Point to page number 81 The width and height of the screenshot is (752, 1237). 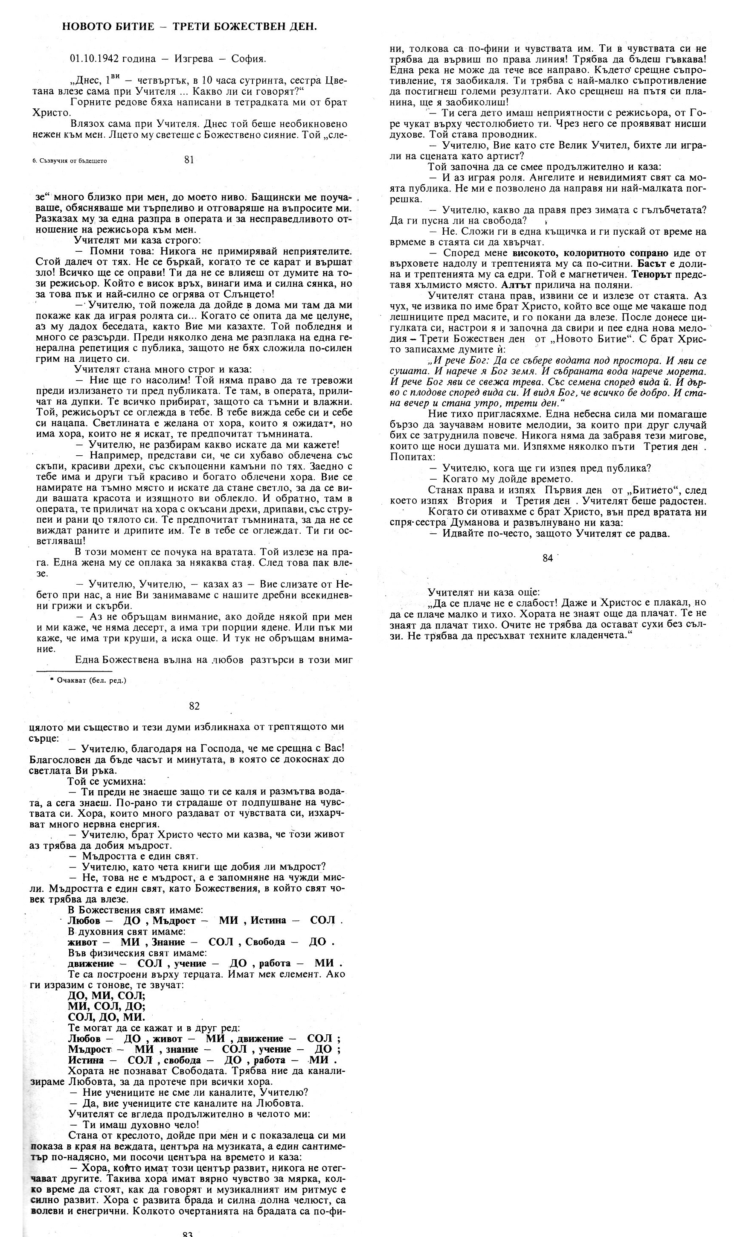pos(189,160)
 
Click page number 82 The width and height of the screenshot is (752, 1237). pos(194,706)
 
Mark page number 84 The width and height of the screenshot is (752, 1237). pos(548,558)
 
